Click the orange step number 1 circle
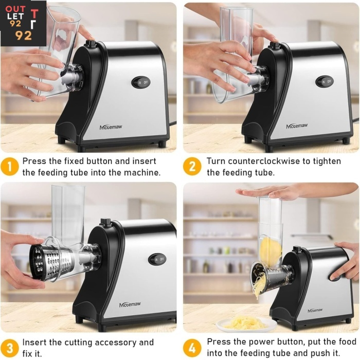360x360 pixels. coord(9,167)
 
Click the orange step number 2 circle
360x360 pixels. coord(192,167)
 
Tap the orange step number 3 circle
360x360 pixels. coord(9,348)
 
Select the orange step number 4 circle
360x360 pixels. coord(192,348)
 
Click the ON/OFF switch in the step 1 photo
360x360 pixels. coord(141,82)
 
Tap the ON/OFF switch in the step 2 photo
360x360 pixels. coord(325,81)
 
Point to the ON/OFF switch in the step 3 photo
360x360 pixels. coord(157,259)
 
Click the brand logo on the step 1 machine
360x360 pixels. coord(111,127)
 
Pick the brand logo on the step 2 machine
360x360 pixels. coord(297,126)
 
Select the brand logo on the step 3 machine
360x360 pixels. coord(130,304)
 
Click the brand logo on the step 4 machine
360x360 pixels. coord(315,311)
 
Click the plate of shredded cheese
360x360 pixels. coord(246,324)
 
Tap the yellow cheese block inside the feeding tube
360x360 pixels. coord(271,251)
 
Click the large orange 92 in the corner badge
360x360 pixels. coord(24,35)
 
